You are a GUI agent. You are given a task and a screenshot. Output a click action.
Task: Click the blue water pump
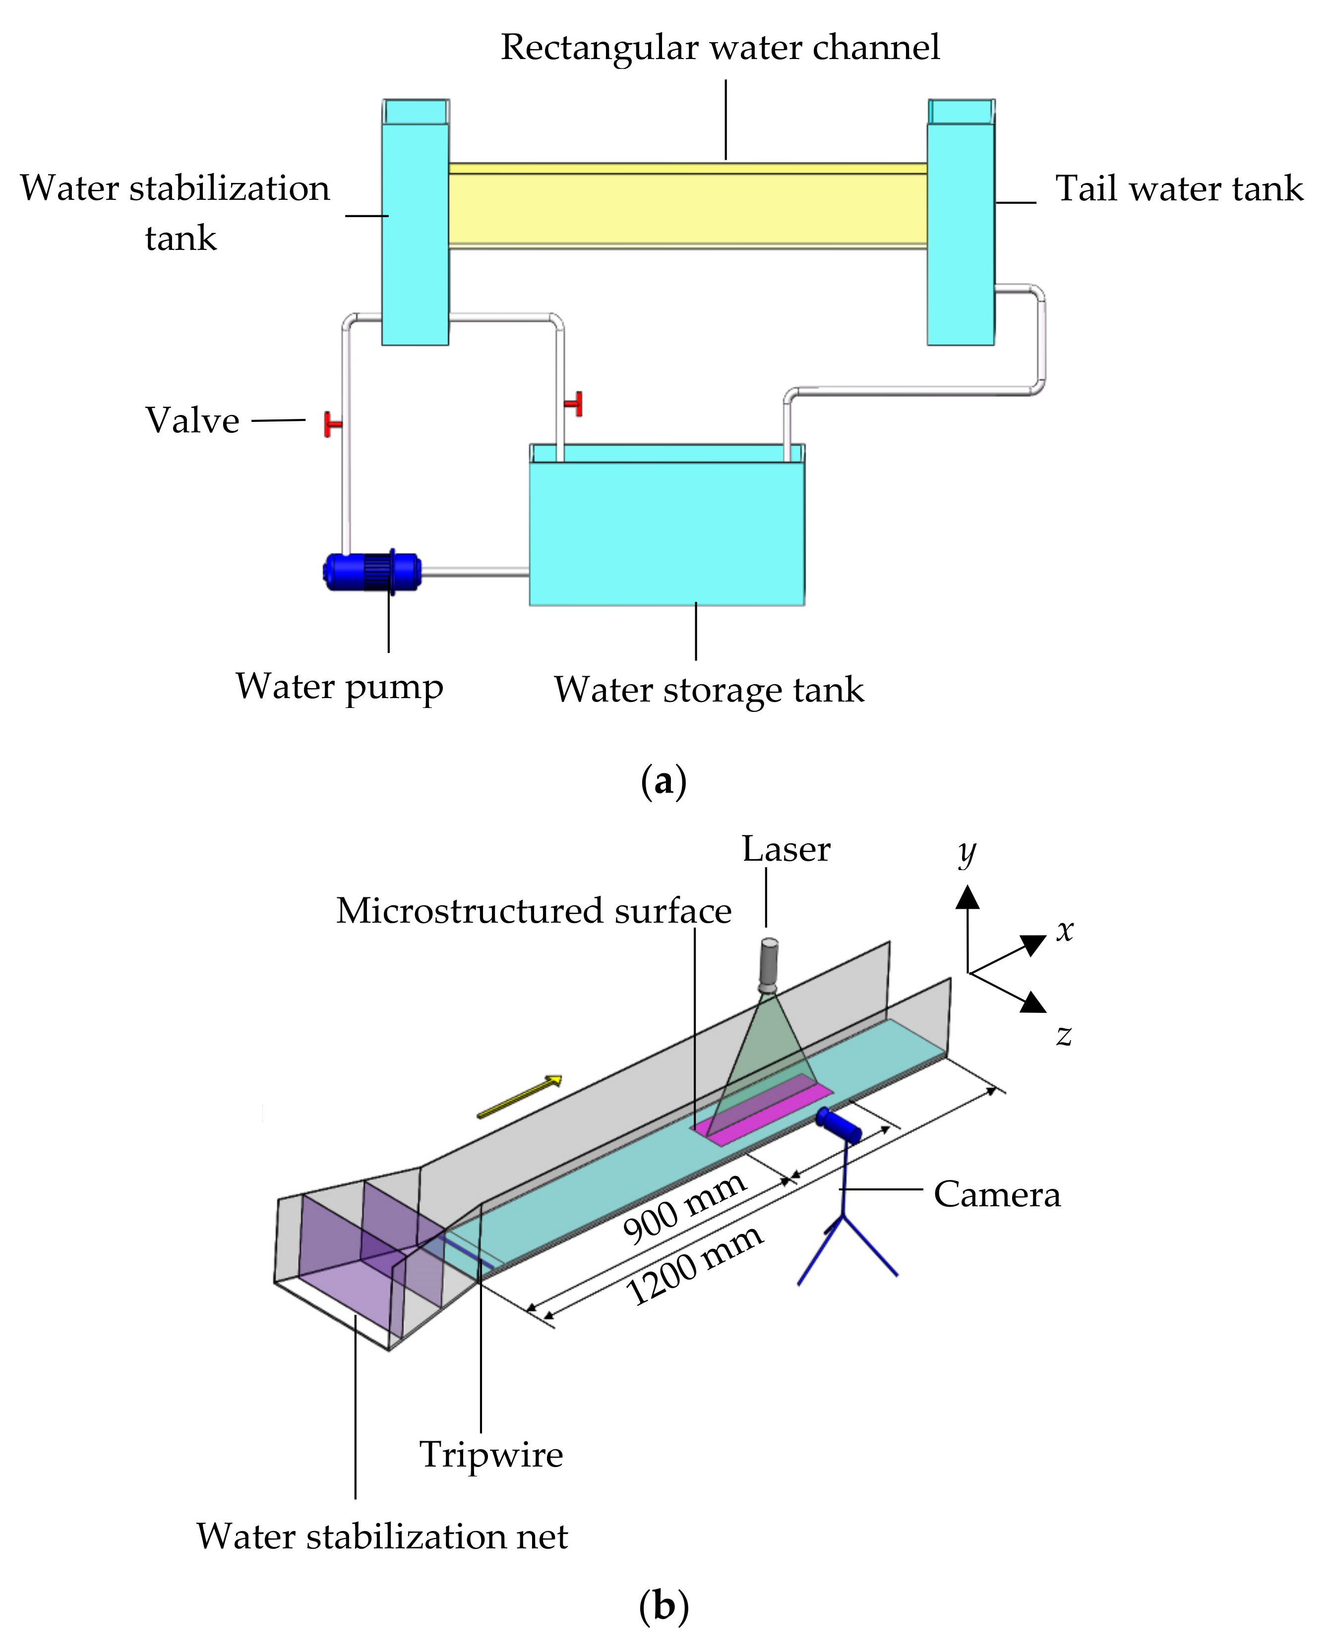[x=372, y=572]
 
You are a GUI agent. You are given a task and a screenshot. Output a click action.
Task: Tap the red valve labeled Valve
[x=332, y=424]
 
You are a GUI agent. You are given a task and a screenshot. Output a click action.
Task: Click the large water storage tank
[x=666, y=532]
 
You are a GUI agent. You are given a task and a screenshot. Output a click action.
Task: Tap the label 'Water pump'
[x=340, y=687]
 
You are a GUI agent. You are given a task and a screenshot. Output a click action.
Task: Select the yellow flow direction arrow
[x=519, y=1097]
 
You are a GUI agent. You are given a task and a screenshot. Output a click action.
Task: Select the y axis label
[x=967, y=852]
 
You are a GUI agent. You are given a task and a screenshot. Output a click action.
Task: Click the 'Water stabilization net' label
[x=382, y=1537]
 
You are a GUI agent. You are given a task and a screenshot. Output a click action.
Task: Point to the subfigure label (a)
[x=663, y=782]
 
